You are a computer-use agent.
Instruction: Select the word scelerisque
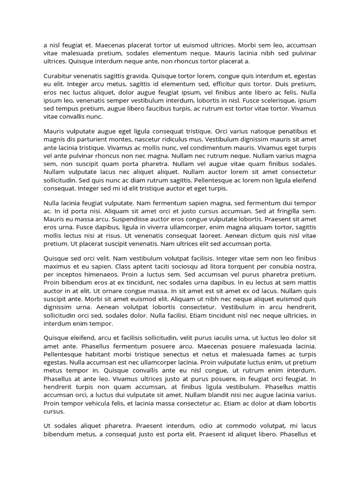pyautogui.click(x=271, y=100)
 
